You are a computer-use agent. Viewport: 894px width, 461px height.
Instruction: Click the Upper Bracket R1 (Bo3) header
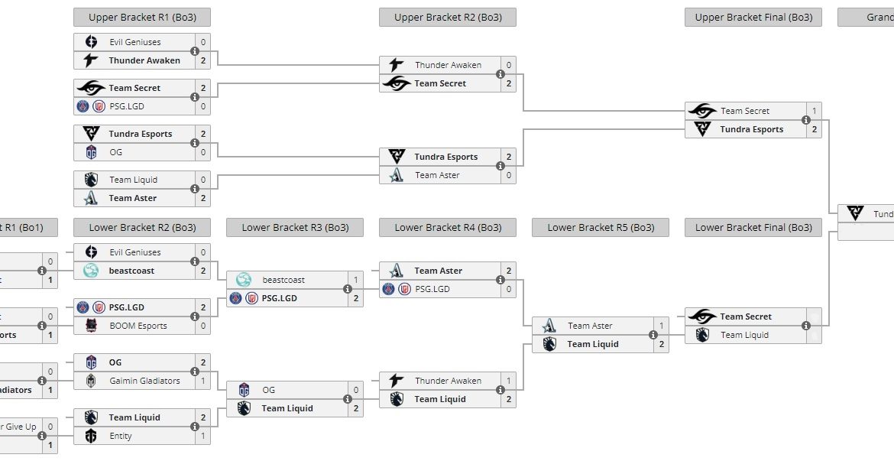click(141, 17)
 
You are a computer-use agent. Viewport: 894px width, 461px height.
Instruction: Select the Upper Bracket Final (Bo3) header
click(753, 17)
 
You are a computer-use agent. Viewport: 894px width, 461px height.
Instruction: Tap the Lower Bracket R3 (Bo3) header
click(294, 227)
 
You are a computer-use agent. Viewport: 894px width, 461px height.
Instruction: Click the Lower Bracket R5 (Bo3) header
click(600, 227)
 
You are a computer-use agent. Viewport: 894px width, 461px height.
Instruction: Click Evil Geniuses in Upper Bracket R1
click(134, 42)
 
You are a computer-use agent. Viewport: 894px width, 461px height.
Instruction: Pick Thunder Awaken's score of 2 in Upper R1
click(202, 60)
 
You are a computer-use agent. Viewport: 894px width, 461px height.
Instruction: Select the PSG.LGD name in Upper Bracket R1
click(127, 106)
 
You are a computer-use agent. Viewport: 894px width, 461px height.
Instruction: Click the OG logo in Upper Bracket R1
click(91, 152)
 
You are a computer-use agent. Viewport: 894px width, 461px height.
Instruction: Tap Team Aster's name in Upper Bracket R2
click(437, 175)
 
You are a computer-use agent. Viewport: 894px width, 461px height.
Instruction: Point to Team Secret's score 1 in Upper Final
click(814, 111)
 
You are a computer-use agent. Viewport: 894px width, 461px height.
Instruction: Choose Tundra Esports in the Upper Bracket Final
click(751, 129)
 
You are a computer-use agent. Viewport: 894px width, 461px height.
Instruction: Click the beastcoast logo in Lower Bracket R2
click(91, 271)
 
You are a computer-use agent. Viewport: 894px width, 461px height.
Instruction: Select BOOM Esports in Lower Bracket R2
click(137, 326)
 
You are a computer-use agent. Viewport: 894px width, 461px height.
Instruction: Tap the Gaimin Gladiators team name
click(144, 381)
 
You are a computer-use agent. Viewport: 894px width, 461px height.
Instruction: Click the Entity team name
click(120, 436)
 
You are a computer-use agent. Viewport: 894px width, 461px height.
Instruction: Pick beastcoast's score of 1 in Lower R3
click(355, 280)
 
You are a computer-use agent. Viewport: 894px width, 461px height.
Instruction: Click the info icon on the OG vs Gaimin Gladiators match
click(195, 372)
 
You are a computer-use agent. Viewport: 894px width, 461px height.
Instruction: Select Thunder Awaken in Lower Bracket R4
click(448, 381)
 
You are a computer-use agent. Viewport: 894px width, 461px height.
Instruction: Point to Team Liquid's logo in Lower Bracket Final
click(702, 335)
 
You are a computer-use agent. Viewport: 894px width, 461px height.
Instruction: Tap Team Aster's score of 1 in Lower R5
click(661, 326)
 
